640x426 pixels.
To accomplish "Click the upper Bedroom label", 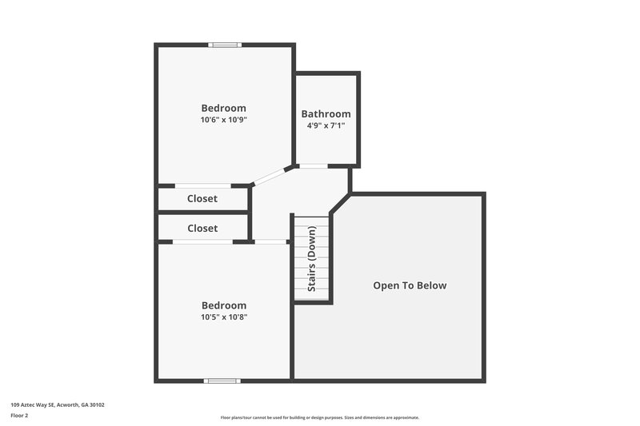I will pos(223,108).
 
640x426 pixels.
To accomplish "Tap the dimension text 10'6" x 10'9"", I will pos(223,120).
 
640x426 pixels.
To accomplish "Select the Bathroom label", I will pos(326,113).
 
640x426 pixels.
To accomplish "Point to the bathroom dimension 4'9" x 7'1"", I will pos(326,125).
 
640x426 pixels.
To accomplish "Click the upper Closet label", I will pos(202,198).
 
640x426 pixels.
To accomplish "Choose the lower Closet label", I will pos(202,228).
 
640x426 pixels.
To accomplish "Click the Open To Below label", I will pos(410,285).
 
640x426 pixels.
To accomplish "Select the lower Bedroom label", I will pos(223,305).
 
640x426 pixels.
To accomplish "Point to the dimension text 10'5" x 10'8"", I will pos(223,317).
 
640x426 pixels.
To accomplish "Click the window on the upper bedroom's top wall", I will pos(225,45).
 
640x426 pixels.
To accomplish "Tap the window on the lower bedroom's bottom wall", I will pos(222,380).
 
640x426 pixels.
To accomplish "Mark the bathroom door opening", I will pos(314,166).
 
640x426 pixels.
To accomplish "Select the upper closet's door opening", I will pos(203,186).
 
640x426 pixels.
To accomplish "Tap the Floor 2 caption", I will pos(19,416).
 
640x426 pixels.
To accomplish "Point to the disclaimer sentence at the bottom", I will pos(319,417).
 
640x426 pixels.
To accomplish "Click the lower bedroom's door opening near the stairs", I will pos(271,241).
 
